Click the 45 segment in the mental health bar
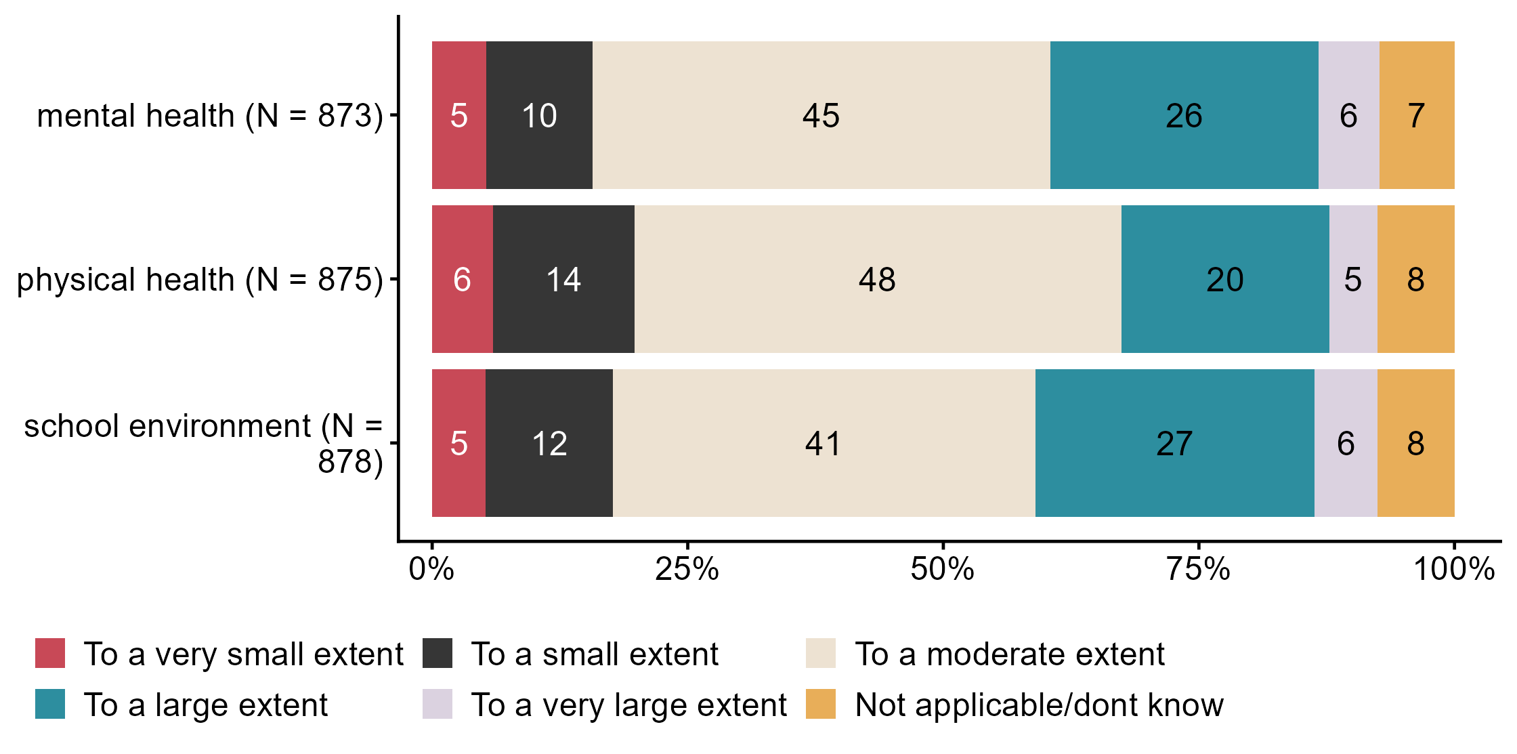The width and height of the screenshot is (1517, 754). pos(821,115)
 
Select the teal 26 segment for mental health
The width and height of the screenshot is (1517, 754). pos(1184,115)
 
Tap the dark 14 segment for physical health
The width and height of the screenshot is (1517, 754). pos(563,279)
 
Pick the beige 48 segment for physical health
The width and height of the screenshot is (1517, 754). pos(878,279)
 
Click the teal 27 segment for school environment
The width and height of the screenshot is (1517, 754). pos(1174,443)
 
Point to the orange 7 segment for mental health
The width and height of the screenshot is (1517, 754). pos(1416,115)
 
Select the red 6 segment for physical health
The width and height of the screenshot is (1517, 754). pos(462,279)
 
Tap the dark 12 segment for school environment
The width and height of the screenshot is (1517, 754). pos(549,443)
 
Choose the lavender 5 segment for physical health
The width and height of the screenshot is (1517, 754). pos(1352,279)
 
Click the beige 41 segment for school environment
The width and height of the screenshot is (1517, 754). pos(824,443)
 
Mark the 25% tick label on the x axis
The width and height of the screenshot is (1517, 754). pos(687,569)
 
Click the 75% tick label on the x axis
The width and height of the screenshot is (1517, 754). pos(1198,569)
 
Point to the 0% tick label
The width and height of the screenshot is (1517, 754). pos(431,569)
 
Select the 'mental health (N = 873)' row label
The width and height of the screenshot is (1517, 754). pos(210,116)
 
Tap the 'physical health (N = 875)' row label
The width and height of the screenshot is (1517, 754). pos(200,280)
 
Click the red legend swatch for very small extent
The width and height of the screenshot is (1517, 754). pos(50,653)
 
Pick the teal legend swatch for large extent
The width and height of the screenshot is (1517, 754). pos(50,704)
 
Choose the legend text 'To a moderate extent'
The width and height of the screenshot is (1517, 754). pos(1009,654)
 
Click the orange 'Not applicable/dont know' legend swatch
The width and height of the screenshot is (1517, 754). pos(821,704)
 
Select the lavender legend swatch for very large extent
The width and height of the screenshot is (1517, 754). pos(437,704)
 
